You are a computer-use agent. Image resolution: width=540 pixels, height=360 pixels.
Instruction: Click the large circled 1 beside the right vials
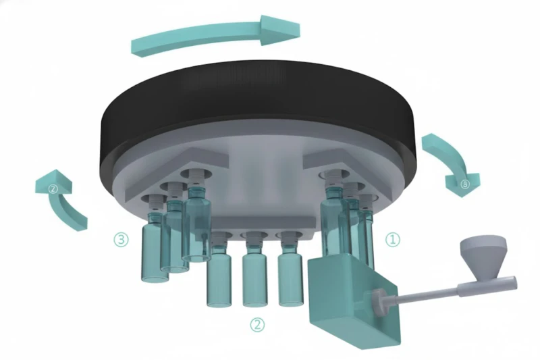pyautogui.click(x=393, y=240)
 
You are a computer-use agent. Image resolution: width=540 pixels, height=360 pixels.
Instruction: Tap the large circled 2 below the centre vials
pyautogui.click(x=257, y=324)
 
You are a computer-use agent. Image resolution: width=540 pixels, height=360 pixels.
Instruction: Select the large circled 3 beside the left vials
pyautogui.click(x=121, y=239)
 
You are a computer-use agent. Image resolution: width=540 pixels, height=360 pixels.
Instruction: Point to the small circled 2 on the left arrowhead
pyautogui.click(x=53, y=189)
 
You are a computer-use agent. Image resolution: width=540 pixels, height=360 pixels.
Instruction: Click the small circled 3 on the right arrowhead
pyautogui.click(x=464, y=184)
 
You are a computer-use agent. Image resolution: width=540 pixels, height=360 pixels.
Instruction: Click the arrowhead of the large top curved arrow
pyautogui.click(x=279, y=30)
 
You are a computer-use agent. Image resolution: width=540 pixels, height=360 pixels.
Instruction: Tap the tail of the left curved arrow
pyautogui.click(x=80, y=224)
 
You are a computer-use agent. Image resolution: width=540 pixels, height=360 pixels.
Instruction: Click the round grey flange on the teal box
pyautogui.click(x=381, y=302)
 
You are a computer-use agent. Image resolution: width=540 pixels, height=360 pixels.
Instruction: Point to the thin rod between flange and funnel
pyautogui.click(x=427, y=296)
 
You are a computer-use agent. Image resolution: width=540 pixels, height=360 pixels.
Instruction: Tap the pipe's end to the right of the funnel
pyautogui.click(x=513, y=283)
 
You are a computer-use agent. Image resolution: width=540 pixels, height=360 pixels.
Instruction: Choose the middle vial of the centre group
pyautogui.click(x=254, y=269)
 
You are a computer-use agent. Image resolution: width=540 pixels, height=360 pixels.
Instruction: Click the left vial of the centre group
pyautogui.click(x=219, y=269)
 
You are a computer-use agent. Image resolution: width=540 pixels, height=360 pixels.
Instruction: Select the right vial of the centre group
pyautogui.click(x=290, y=269)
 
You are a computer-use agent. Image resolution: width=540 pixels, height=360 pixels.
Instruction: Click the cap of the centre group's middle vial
pyautogui.click(x=254, y=240)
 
